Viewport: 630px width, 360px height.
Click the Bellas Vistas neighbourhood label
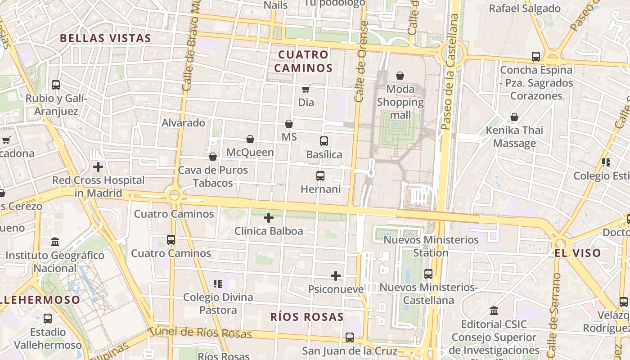(x=105, y=38)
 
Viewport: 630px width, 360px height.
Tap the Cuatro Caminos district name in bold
(x=305, y=61)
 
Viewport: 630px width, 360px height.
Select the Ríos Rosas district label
(x=307, y=317)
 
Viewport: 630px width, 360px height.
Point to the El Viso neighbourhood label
(x=578, y=253)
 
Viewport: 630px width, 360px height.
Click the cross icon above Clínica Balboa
(x=269, y=218)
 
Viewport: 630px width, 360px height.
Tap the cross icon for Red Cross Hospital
(x=98, y=167)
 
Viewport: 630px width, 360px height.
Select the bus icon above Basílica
(x=324, y=141)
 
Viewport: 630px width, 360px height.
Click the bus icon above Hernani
(x=320, y=176)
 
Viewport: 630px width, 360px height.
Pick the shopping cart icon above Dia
(x=306, y=90)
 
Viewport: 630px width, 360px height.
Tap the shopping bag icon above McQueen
(x=250, y=139)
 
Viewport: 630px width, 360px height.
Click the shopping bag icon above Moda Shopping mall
(x=400, y=76)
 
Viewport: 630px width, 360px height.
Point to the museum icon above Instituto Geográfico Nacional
(x=55, y=242)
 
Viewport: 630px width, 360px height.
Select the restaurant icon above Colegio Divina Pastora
(x=218, y=284)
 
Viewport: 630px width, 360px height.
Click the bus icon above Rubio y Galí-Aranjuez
(x=56, y=85)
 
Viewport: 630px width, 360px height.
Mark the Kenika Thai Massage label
(x=514, y=137)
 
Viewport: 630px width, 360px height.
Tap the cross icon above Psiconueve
(x=336, y=276)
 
